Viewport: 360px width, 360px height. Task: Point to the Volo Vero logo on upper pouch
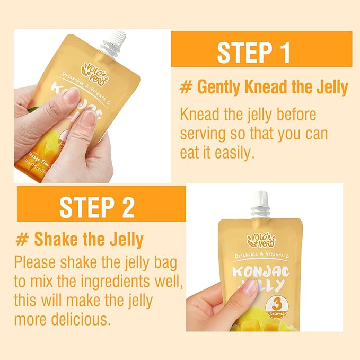click(x=96, y=71)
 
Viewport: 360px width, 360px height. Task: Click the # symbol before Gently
click(x=185, y=87)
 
